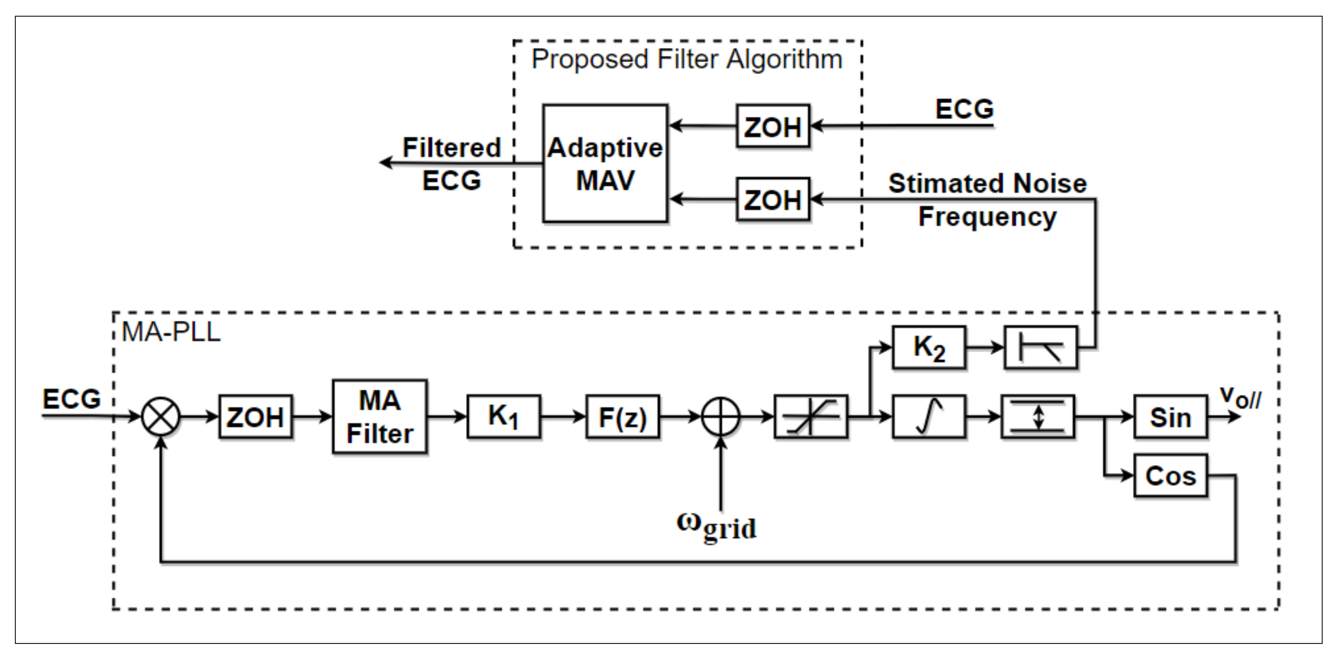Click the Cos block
point(1170,475)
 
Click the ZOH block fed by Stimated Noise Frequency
point(772,199)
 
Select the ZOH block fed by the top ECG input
point(772,126)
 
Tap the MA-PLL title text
point(171,332)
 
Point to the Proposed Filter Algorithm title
point(687,59)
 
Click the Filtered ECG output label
point(451,164)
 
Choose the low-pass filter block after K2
point(1040,347)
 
